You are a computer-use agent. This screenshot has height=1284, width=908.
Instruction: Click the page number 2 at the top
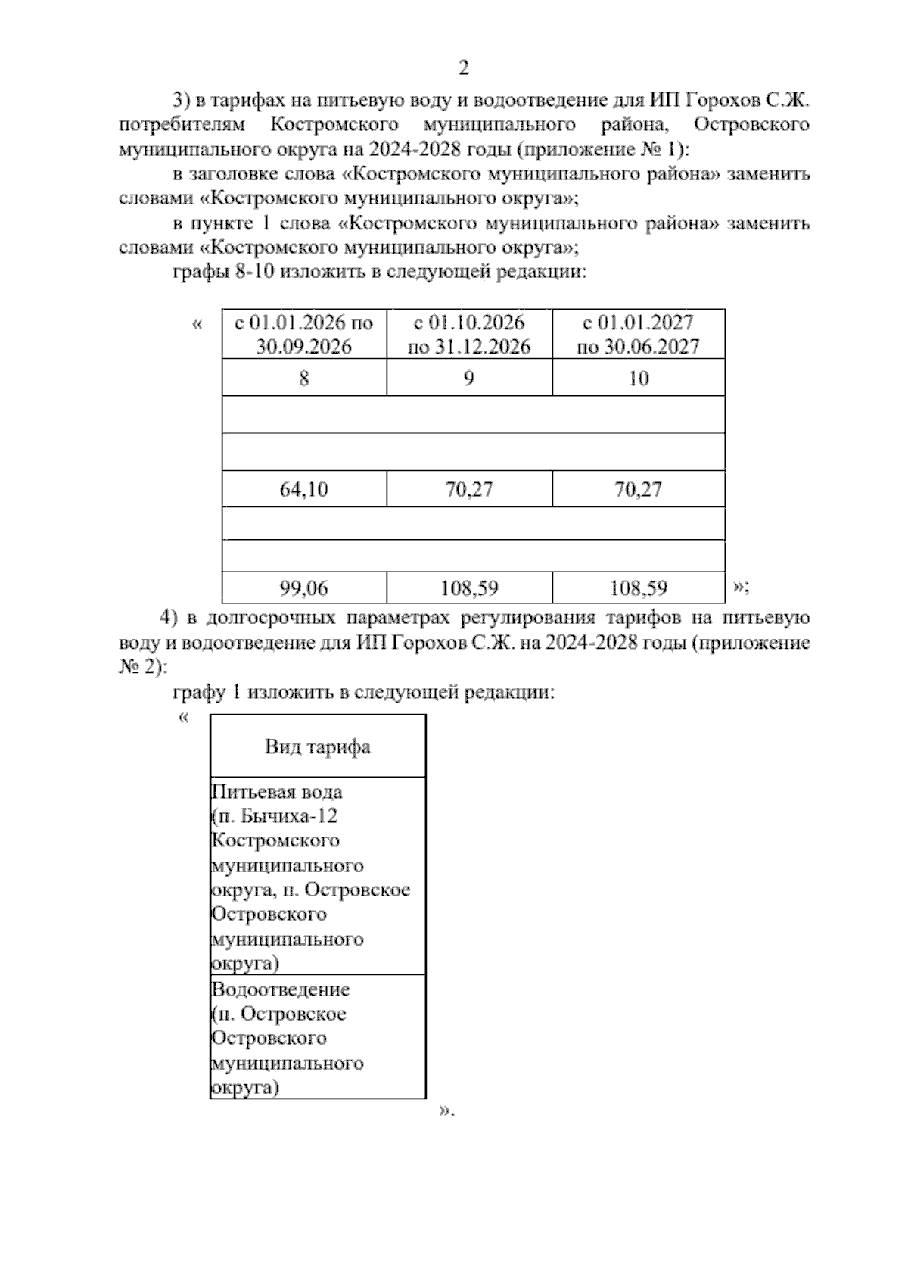464,68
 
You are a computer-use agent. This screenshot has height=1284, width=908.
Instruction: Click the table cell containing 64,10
304,489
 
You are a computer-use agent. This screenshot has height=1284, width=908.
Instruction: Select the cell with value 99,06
304,587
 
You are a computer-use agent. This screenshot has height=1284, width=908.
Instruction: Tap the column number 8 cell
304,378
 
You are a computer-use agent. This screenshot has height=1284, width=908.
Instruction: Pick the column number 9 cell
469,378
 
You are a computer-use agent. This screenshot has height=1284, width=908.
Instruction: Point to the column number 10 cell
639,378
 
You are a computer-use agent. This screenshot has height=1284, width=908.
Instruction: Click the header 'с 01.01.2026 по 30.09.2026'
304,334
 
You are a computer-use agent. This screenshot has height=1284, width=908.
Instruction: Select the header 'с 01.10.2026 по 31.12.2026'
469,334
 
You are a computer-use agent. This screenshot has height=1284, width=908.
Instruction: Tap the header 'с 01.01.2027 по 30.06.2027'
639,334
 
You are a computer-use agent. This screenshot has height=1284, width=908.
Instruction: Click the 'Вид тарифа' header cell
318,747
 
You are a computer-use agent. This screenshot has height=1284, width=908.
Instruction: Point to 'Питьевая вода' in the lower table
277,792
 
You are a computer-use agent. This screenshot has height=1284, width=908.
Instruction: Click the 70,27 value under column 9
469,489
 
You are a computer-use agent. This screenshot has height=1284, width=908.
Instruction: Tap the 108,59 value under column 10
639,587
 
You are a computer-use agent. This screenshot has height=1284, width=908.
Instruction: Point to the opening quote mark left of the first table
197,325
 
